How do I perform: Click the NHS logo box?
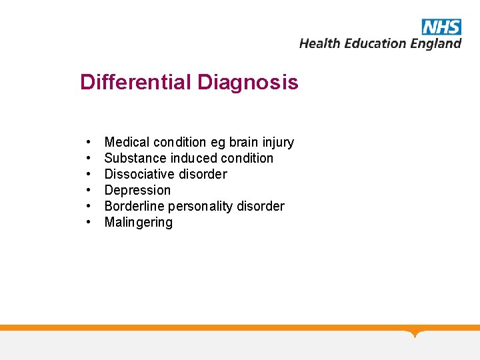[441, 27]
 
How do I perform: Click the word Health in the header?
[320, 43]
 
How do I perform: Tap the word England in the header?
[435, 43]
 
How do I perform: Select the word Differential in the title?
[135, 83]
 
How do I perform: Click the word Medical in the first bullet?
[127, 142]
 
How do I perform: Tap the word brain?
[244, 142]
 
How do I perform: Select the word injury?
[278, 142]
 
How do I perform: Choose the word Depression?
[137, 190]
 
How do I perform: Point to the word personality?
[199, 206]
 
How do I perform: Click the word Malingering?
[138, 222]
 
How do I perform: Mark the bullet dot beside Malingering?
[88, 223]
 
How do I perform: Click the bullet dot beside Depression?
[88, 191]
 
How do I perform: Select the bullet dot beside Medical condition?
[88, 143]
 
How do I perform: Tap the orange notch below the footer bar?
[415, 333]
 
